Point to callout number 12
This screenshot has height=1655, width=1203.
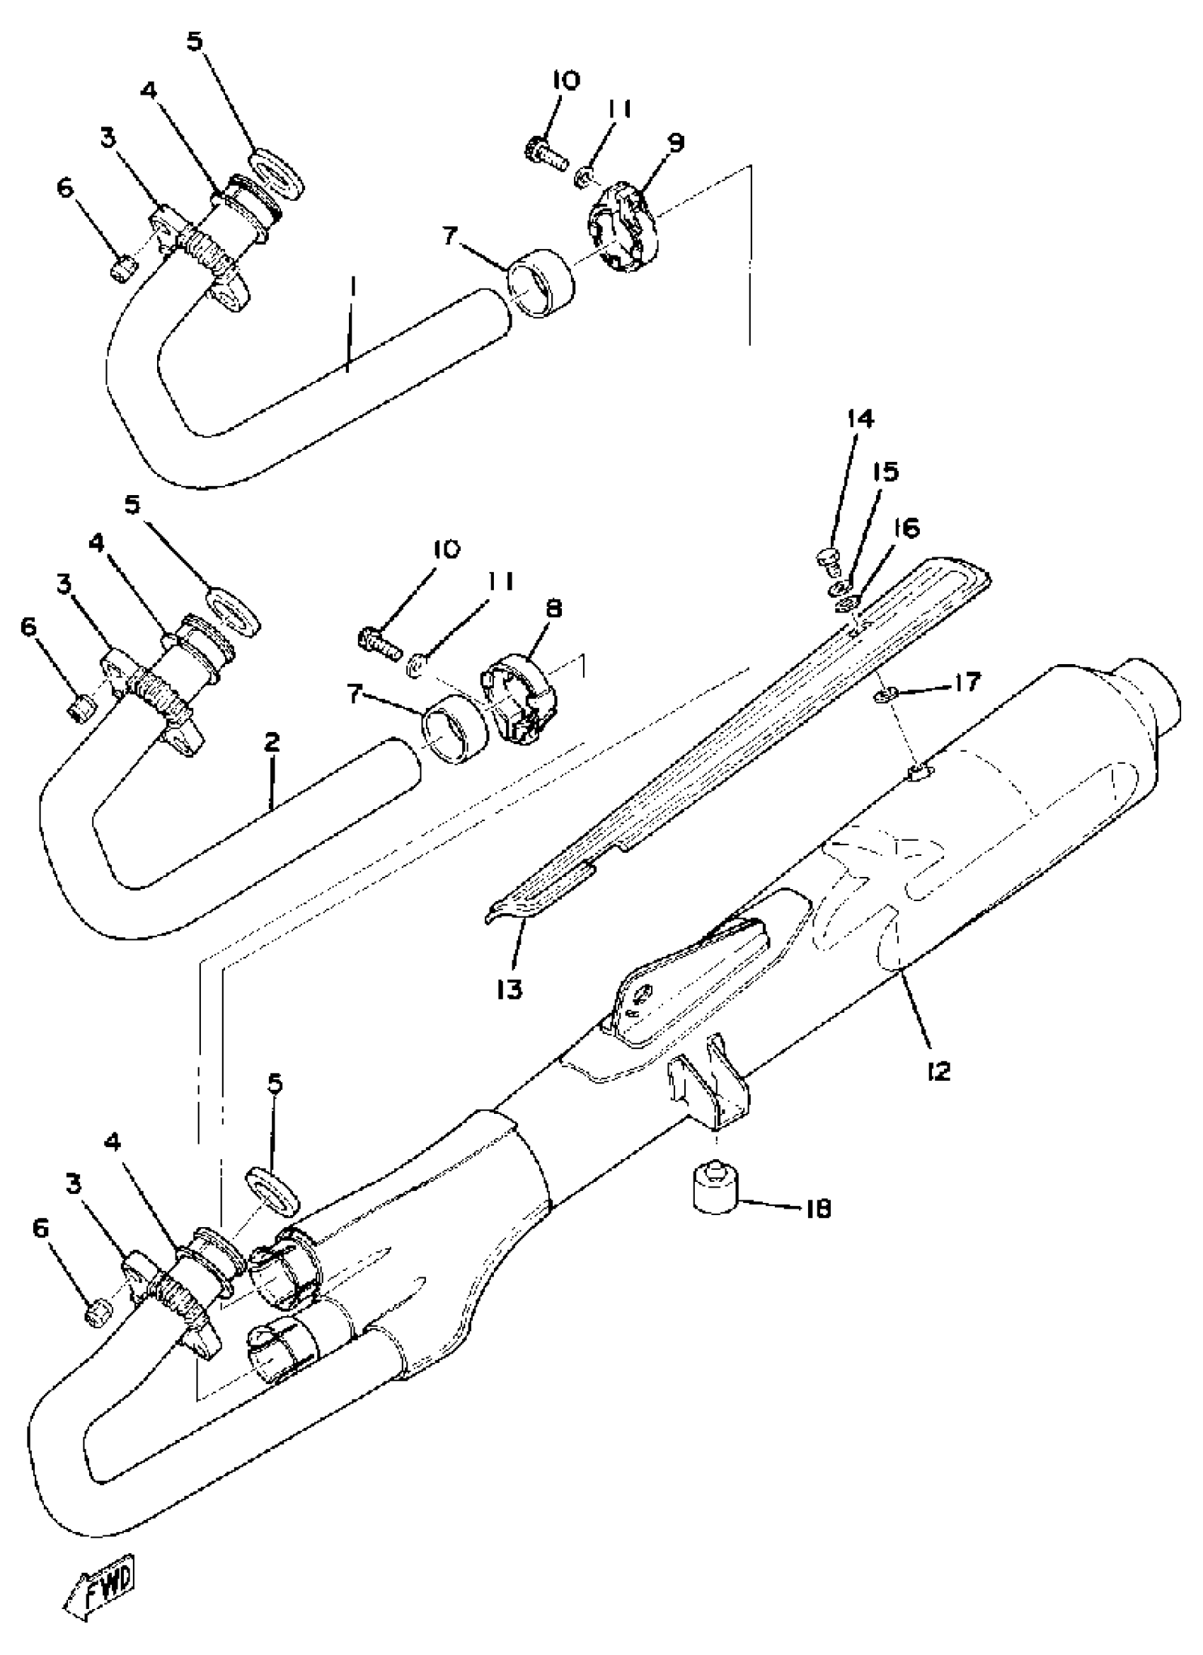coord(939,1072)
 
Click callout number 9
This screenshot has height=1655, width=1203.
coord(676,141)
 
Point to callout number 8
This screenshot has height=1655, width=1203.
coord(553,608)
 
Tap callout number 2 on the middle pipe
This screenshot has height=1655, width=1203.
coord(271,742)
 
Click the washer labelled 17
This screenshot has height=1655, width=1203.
coord(883,697)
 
